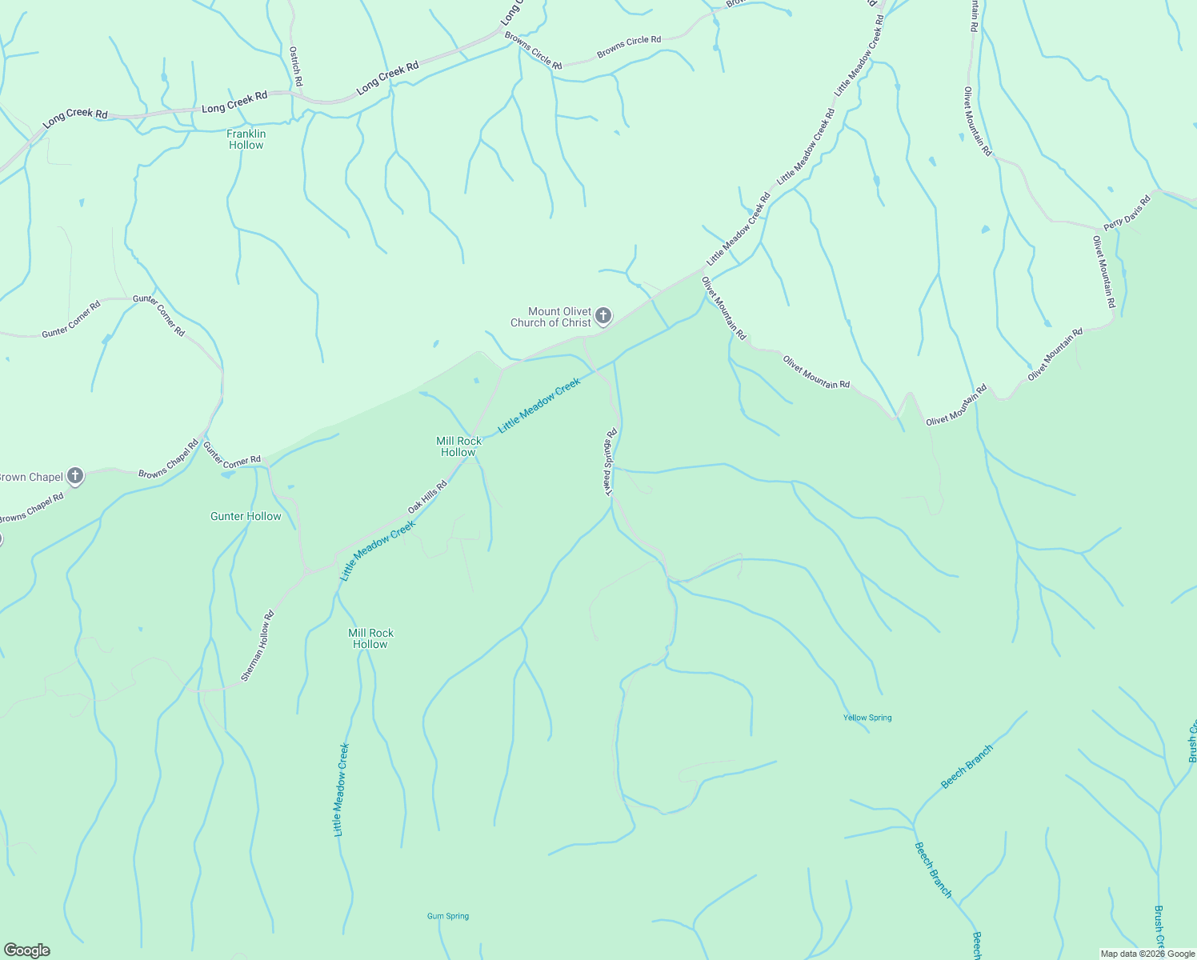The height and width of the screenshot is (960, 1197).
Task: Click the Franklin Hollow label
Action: (x=246, y=139)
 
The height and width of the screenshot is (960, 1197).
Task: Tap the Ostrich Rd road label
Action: (x=295, y=66)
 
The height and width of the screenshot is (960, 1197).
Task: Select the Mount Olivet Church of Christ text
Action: (x=551, y=317)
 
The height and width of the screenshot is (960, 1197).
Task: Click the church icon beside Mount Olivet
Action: (x=603, y=316)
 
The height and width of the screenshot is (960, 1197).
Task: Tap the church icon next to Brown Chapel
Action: (x=75, y=477)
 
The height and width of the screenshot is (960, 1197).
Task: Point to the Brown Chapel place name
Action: (x=30, y=477)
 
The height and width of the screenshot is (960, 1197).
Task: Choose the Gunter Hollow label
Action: (x=246, y=516)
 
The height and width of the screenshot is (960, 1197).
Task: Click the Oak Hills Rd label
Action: (x=427, y=497)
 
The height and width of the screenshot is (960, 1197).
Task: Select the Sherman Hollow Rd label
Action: (x=258, y=646)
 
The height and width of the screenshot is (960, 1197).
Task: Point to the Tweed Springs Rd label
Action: (x=611, y=462)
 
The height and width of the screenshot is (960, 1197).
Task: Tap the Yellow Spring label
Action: (x=867, y=718)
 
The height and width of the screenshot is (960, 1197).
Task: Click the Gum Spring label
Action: (x=448, y=916)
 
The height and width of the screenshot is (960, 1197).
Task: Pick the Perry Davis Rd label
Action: (x=1127, y=213)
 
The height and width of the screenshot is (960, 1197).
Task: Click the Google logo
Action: (x=27, y=950)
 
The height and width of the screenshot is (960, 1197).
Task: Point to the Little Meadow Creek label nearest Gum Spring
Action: (x=342, y=790)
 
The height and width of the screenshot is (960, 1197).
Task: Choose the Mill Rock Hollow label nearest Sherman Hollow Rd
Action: (x=370, y=638)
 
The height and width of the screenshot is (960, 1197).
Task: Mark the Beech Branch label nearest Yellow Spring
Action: (x=967, y=766)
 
